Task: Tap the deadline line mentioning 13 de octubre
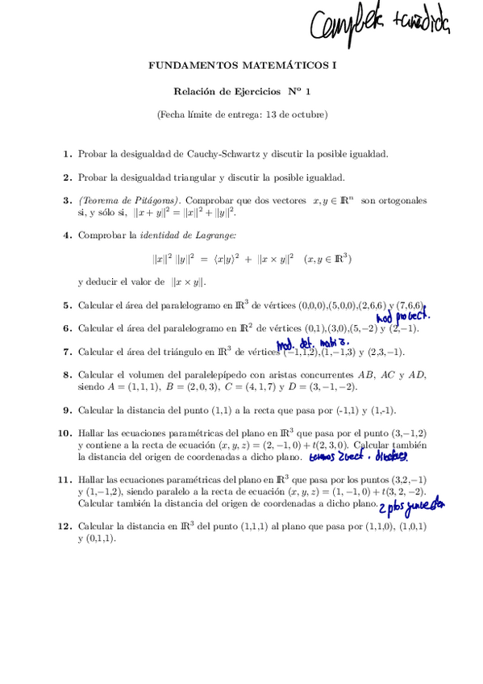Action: pos(243,115)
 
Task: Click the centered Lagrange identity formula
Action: pos(252,259)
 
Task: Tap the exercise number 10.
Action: pos(65,433)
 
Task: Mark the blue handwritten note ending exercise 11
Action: pos(423,505)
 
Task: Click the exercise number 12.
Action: pos(65,527)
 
